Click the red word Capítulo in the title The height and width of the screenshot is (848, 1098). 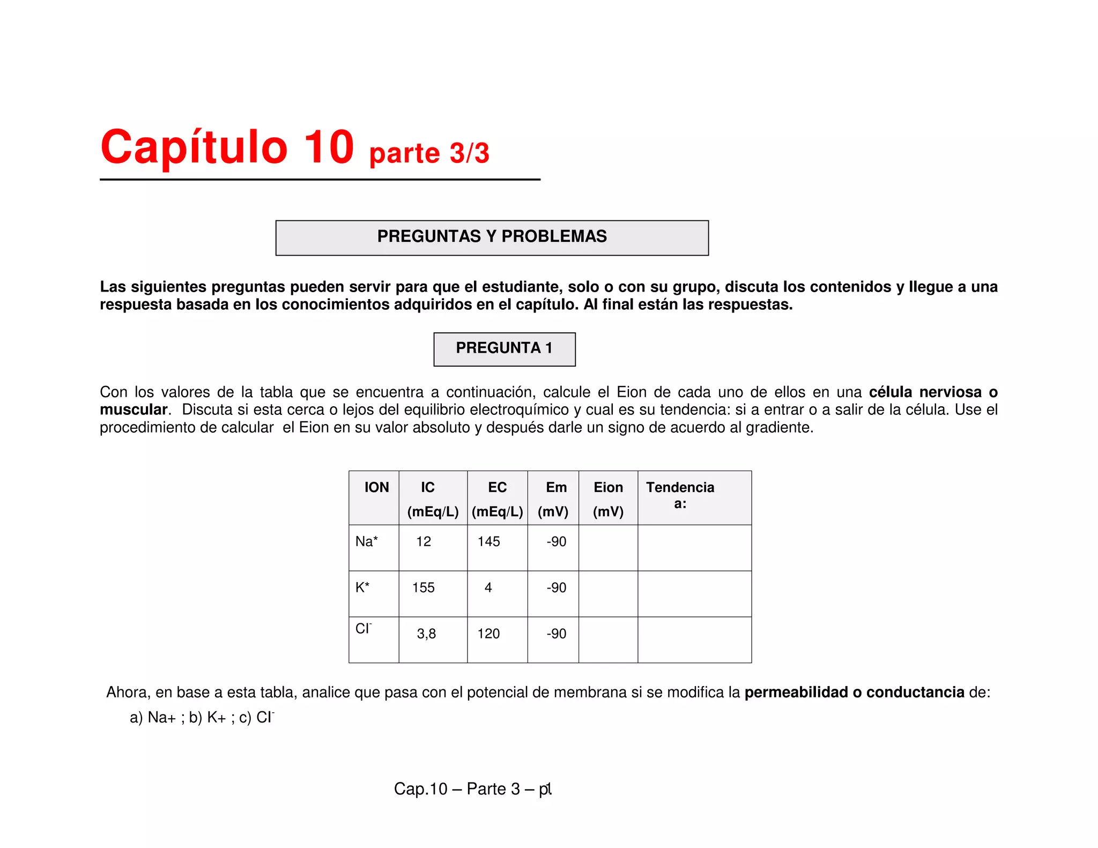pyautogui.click(x=194, y=148)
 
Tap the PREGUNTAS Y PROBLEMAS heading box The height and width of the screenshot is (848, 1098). pyautogui.click(x=492, y=237)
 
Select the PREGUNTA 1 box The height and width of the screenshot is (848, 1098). pyautogui.click(x=504, y=348)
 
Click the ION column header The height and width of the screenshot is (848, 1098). pyautogui.click(x=376, y=487)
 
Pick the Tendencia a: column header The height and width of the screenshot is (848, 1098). pyautogui.click(x=680, y=495)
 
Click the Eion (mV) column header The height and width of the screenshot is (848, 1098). pyautogui.click(x=608, y=499)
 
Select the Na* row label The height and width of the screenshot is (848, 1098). pyautogui.click(x=367, y=541)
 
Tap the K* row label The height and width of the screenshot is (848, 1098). pyautogui.click(x=362, y=587)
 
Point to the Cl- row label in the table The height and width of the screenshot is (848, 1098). pyautogui.click(x=363, y=628)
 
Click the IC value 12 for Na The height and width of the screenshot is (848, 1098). pyautogui.click(x=424, y=541)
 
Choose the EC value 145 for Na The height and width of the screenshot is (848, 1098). pyautogui.click(x=488, y=541)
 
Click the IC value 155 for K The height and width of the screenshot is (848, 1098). pyautogui.click(x=423, y=587)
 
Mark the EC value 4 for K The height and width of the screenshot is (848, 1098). pyautogui.click(x=488, y=587)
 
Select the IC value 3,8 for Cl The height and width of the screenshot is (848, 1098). pyautogui.click(x=426, y=634)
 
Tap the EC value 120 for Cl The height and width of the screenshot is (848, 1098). pyautogui.click(x=488, y=634)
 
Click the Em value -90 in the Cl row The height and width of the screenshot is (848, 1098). pyautogui.click(x=556, y=634)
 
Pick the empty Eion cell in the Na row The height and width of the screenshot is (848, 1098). pyautogui.click(x=608, y=548)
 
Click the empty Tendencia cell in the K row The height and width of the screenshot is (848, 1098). pyautogui.click(x=694, y=594)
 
